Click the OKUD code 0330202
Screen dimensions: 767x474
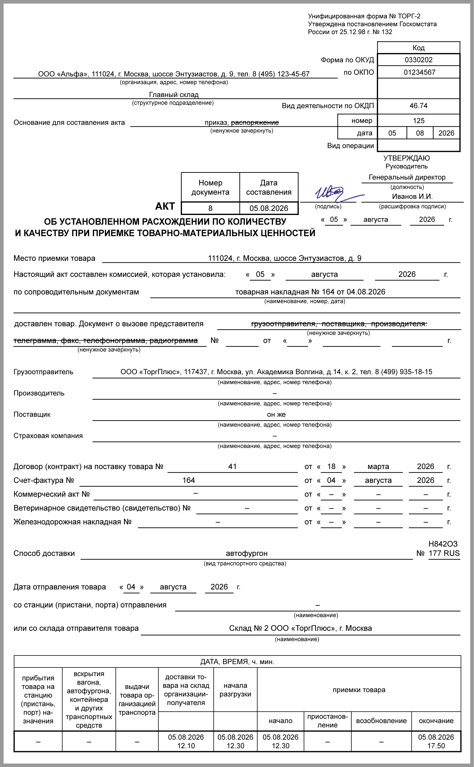point(418,60)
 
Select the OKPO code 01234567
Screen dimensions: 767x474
point(419,73)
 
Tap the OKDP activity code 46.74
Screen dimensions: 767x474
point(418,106)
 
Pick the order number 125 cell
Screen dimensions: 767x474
point(418,121)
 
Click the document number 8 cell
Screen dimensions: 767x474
point(210,208)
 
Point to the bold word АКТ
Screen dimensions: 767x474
point(165,206)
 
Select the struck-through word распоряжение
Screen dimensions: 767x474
point(255,123)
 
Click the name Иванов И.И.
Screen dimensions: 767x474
point(412,197)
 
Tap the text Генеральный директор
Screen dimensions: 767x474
point(407,177)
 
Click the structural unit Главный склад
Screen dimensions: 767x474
point(174,95)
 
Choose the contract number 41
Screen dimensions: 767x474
point(232,466)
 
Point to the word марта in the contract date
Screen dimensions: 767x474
point(378,466)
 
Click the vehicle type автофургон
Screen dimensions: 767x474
point(246,553)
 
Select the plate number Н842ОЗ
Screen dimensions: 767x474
point(443,544)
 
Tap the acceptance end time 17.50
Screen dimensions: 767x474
point(436,746)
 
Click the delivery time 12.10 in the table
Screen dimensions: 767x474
point(186,746)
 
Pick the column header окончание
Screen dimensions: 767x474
point(436,721)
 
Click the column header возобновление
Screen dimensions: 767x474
point(381,721)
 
